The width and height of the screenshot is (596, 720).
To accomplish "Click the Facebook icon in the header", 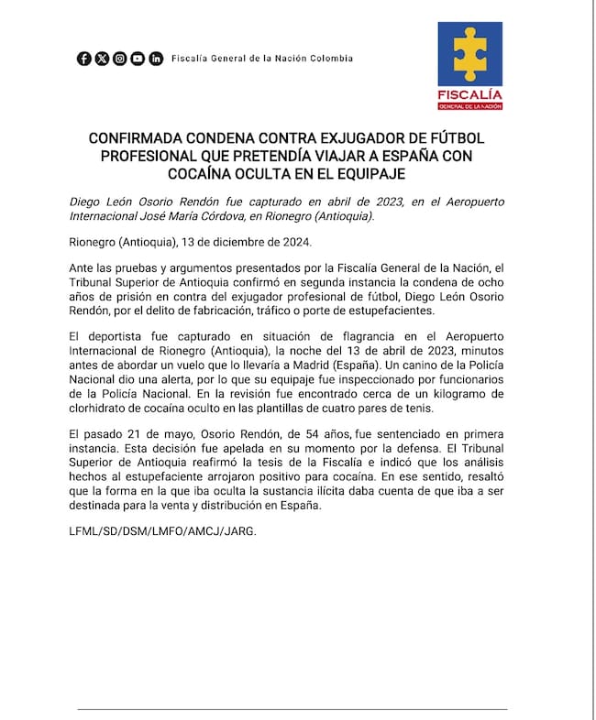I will click(x=84, y=59).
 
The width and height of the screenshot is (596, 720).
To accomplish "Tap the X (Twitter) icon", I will click(x=102, y=59).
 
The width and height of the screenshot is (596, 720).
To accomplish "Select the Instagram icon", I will click(x=119, y=59).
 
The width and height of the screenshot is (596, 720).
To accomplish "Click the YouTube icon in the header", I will click(x=138, y=59).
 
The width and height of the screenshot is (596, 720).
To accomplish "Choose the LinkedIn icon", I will click(x=156, y=59).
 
